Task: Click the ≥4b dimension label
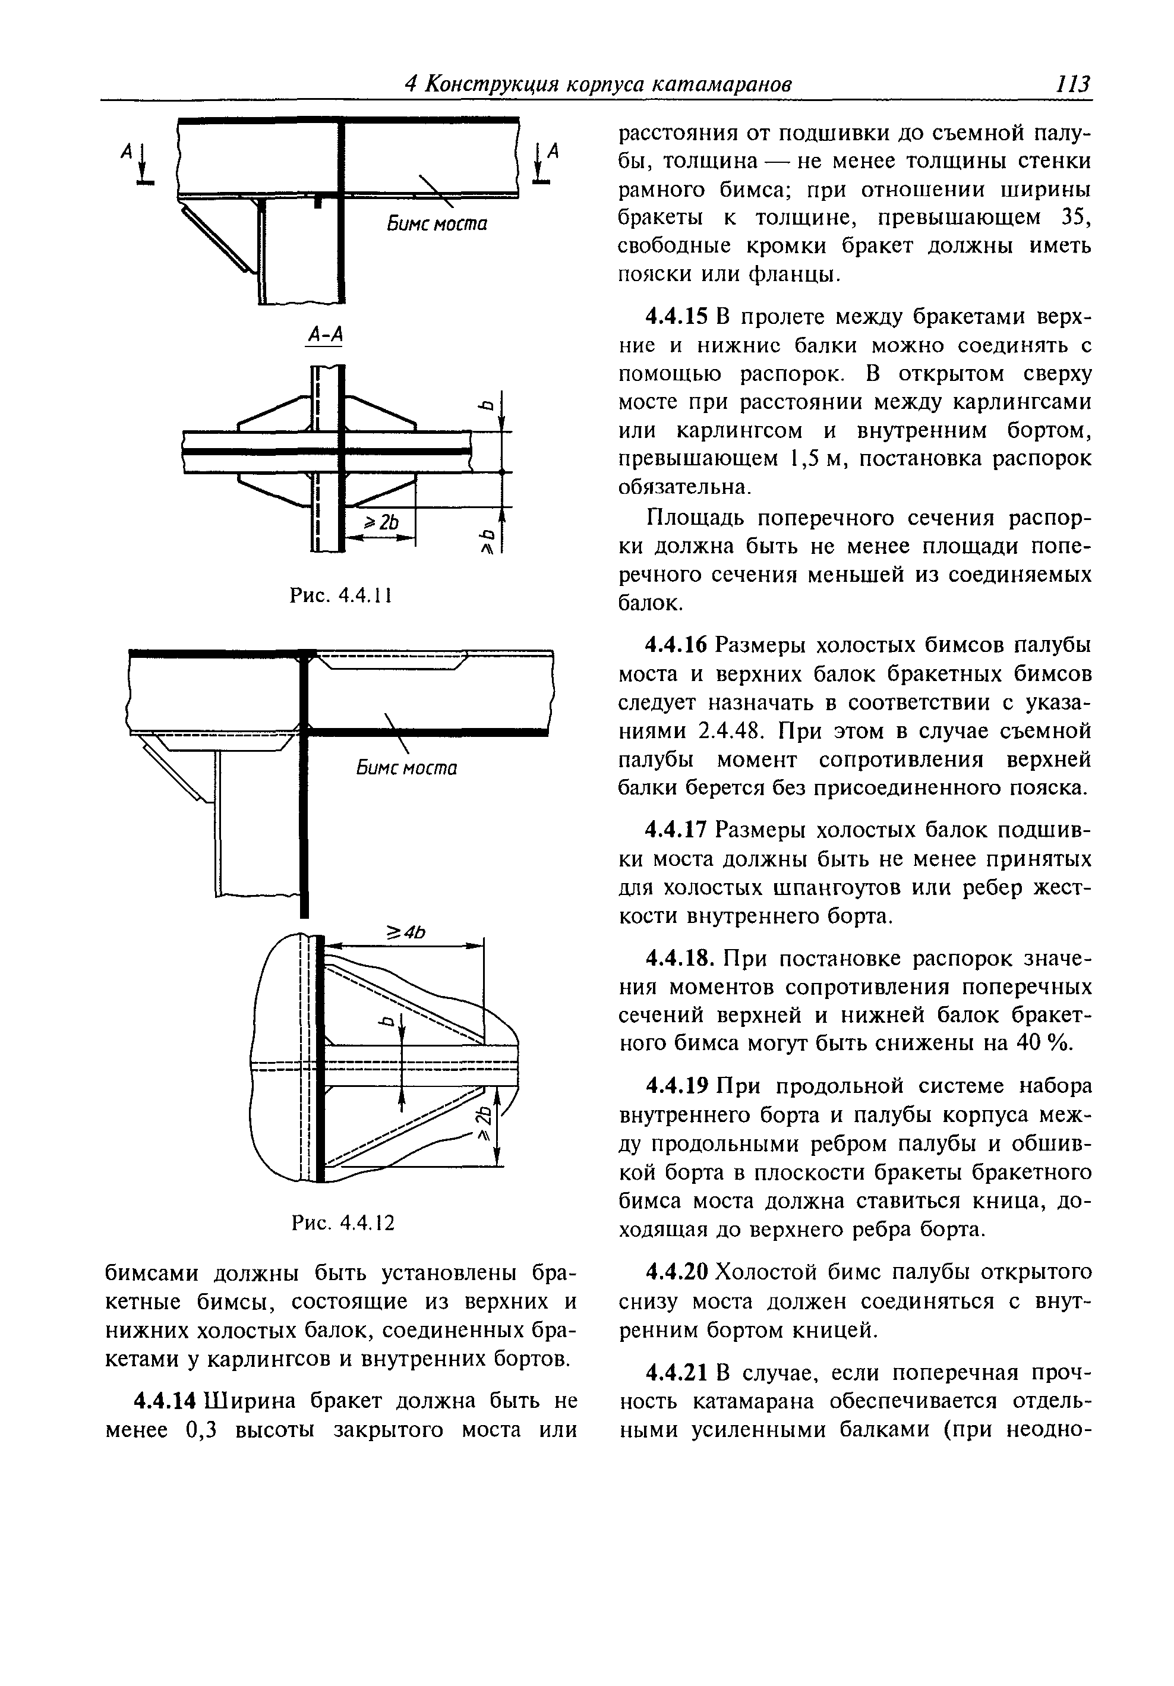pyautogui.click(x=406, y=932)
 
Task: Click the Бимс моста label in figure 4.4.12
pyautogui.click(x=407, y=768)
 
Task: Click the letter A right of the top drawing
pyautogui.click(x=554, y=152)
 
